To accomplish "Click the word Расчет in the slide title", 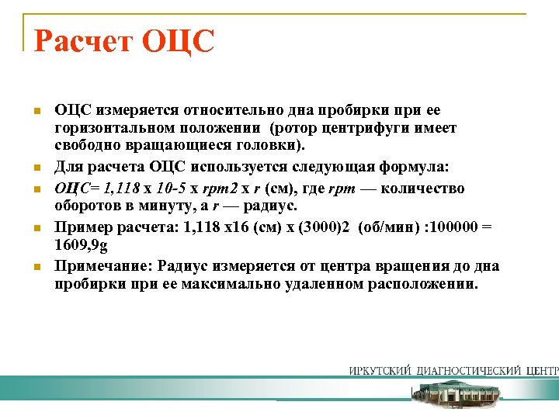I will [x=82, y=41].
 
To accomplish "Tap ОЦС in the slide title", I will [x=178, y=41].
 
